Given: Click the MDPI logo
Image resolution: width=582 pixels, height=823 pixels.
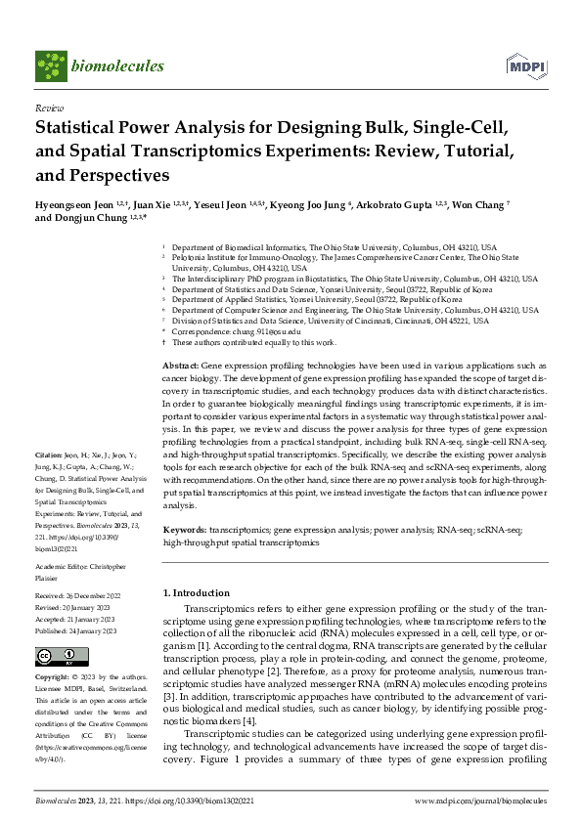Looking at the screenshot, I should point(526,65).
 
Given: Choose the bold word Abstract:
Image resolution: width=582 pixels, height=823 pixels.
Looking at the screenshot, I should point(180,363).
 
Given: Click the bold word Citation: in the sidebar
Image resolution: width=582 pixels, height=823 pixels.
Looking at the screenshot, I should point(49,456).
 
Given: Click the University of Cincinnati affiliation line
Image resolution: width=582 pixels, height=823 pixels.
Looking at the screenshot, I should point(323,322).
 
